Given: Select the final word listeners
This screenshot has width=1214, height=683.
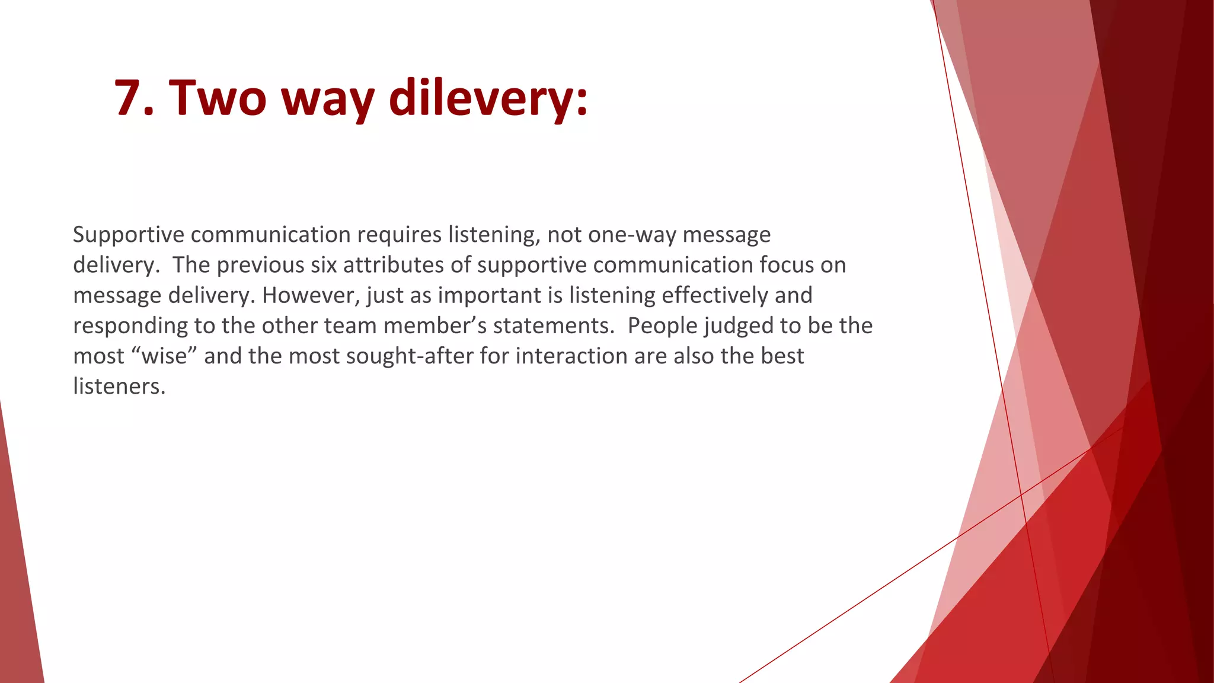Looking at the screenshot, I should (x=119, y=387).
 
